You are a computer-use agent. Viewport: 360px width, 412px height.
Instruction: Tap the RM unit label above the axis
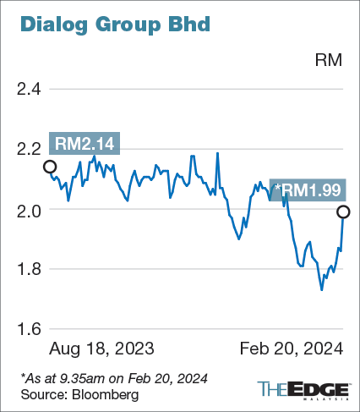point(328,61)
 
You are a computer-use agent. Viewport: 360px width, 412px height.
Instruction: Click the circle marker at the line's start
point(50,167)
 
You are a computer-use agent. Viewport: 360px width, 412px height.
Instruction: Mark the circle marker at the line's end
point(343,211)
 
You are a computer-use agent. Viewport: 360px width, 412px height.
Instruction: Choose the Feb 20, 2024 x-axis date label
point(292,349)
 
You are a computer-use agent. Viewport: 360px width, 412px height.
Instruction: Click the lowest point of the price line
point(321,290)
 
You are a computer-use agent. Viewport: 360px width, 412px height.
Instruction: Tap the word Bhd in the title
point(188,25)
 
